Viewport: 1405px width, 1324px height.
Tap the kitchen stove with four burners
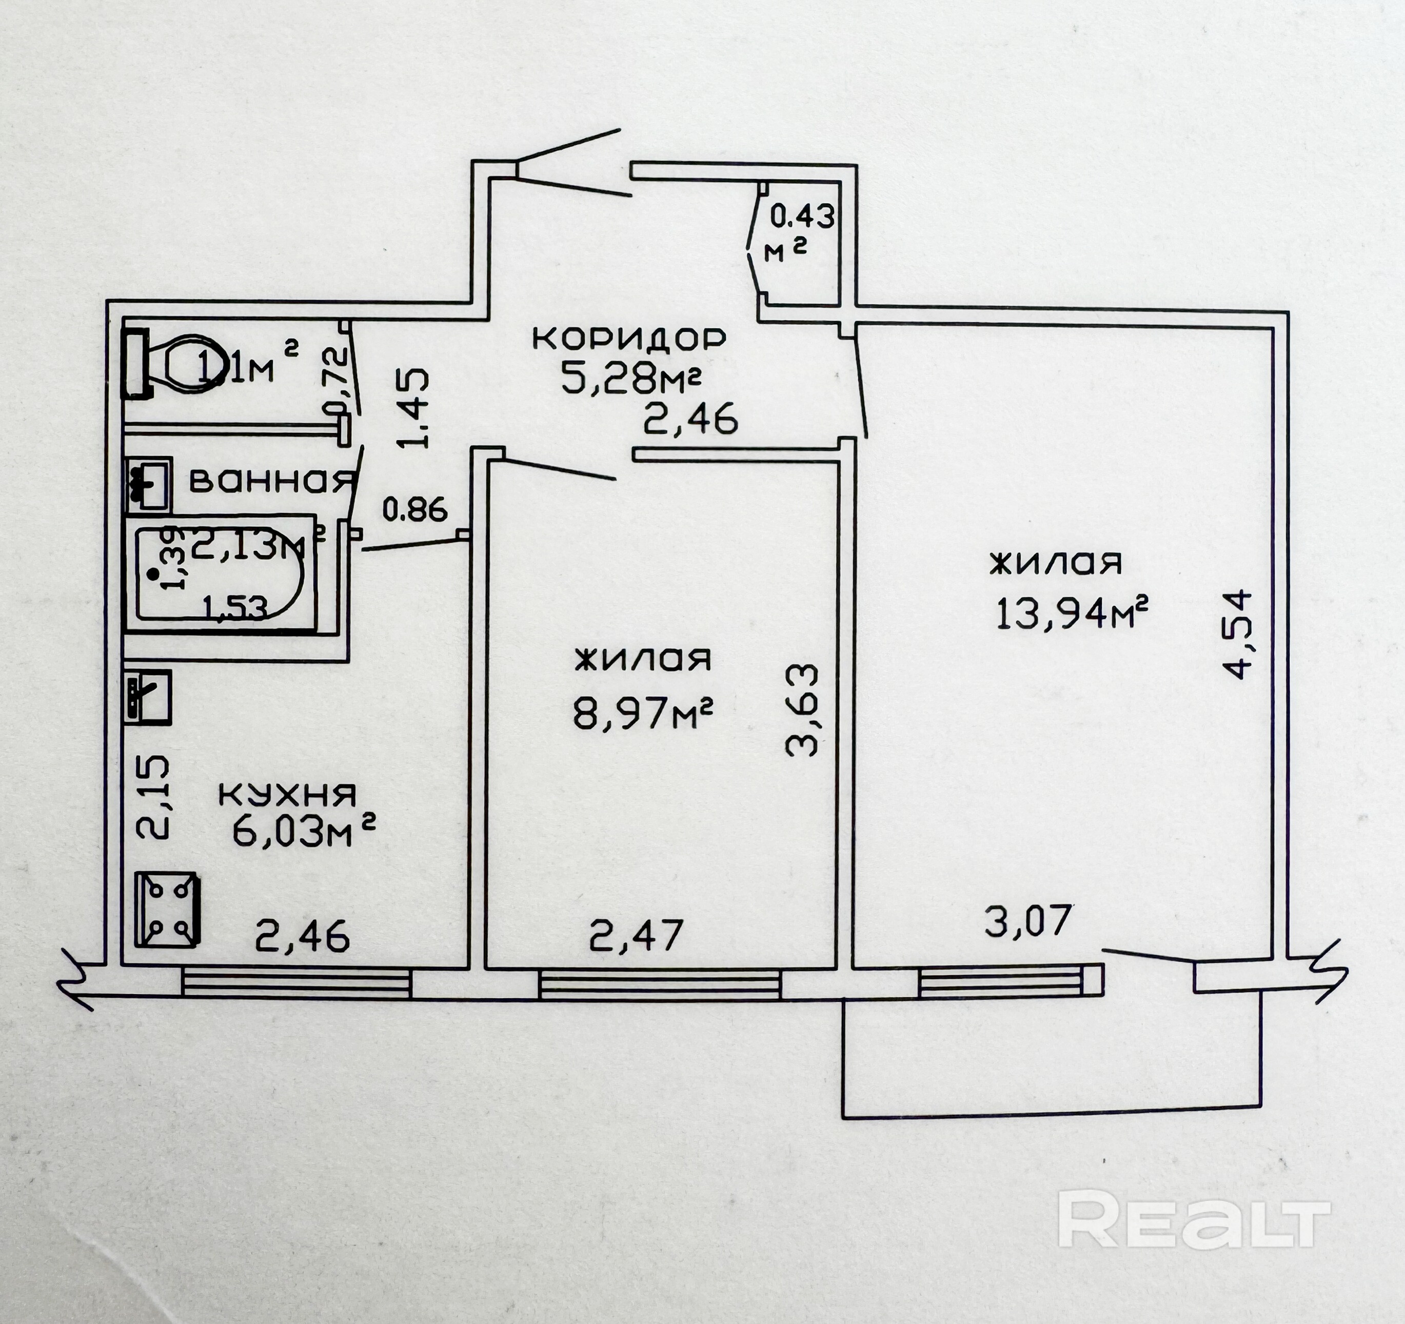click(167, 909)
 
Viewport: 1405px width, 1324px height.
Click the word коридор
click(628, 339)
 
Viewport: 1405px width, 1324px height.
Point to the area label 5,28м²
click(630, 379)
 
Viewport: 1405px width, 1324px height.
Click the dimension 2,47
click(636, 935)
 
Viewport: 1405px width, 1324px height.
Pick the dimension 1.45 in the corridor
click(413, 408)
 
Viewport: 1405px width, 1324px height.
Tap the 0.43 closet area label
click(801, 216)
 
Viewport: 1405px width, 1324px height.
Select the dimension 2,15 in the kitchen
click(153, 797)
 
